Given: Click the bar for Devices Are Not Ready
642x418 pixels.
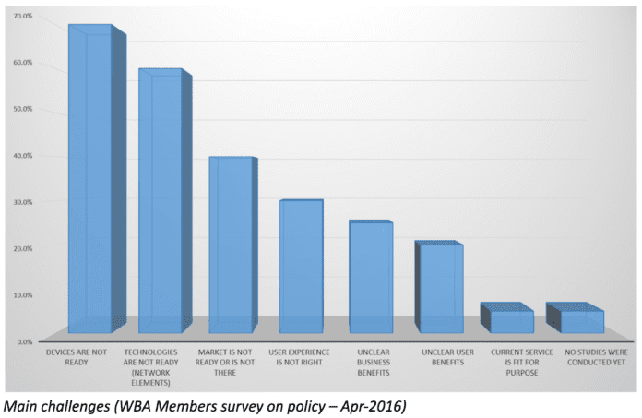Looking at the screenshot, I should pos(90,180).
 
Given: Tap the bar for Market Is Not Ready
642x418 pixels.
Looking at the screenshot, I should pos(230,245).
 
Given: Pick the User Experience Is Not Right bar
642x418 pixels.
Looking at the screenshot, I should pos(301,267).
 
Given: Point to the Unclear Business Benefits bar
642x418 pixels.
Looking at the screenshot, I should pos(370,277).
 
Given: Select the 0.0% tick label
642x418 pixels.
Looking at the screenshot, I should pos(23,341).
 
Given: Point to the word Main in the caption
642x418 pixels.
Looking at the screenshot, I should pos(19,403).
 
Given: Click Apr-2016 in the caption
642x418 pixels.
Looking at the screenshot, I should pos(379,403).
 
